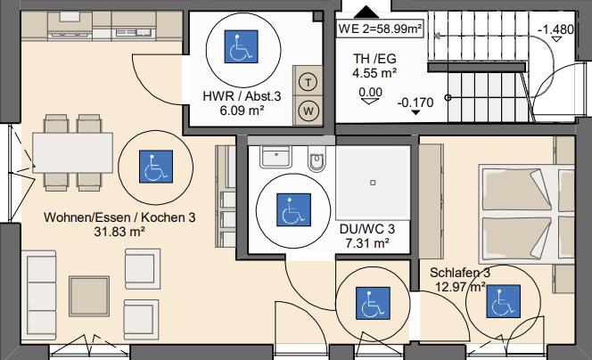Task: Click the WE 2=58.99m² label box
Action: [379, 28]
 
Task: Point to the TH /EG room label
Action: [374, 60]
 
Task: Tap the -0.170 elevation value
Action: [415, 102]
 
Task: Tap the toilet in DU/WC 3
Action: [317, 160]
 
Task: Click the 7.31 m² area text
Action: [366, 242]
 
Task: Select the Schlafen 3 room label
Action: [459, 272]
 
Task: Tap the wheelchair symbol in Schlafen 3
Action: [501, 305]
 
